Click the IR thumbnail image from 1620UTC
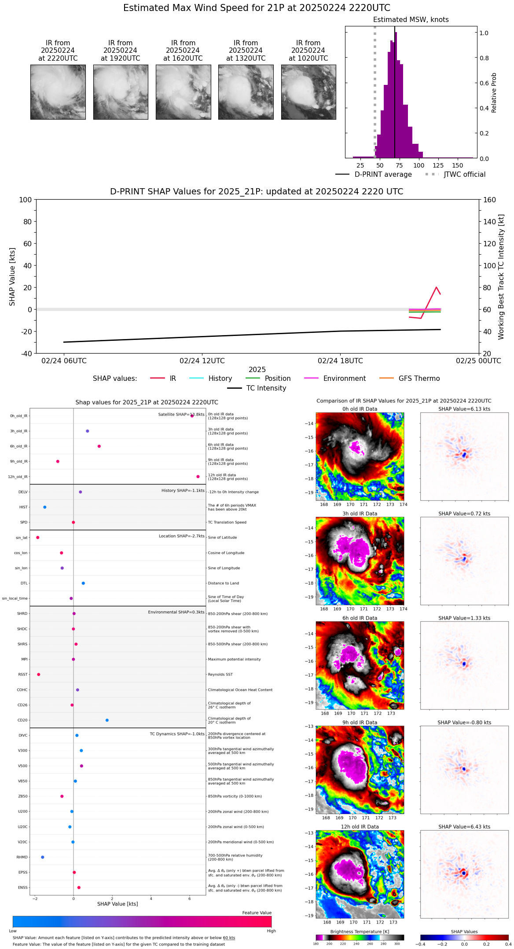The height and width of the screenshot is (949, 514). [x=183, y=92]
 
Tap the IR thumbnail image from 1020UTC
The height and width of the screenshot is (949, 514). [x=308, y=92]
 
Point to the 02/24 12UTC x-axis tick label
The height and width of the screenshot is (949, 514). [x=202, y=361]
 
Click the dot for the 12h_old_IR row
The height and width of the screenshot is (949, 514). [x=198, y=477]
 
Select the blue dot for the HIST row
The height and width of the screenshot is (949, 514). [x=45, y=507]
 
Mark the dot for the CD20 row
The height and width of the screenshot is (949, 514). [x=107, y=720]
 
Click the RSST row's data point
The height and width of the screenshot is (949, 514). [x=39, y=675]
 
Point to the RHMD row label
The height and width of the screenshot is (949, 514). [x=22, y=857]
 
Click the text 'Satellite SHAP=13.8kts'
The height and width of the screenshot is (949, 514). [x=181, y=415]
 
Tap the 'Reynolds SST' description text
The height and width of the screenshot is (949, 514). [x=220, y=675]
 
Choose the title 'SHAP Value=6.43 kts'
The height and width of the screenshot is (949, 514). [x=464, y=827]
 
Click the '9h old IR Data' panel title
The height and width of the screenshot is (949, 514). [x=360, y=723]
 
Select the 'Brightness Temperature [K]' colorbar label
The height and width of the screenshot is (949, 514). [x=360, y=931]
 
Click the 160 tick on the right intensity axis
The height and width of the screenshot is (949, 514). [x=490, y=200]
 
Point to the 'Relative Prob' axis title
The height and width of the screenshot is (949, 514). [x=494, y=93]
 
